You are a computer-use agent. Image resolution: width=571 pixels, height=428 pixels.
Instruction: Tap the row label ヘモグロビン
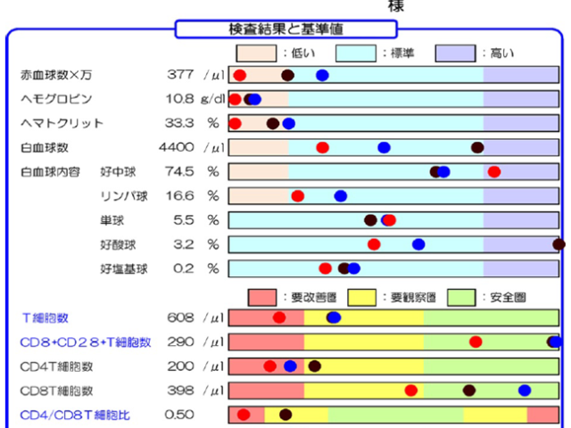click(x=56, y=99)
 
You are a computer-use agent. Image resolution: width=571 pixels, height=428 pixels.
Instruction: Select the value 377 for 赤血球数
click(x=180, y=75)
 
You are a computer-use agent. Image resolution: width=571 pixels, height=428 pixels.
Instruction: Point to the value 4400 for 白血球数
click(x=177, y=147)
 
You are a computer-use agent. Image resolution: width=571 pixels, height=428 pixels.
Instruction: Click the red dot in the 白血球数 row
click(x=322, y=147)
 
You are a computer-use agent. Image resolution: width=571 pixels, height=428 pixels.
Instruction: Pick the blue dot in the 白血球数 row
click(x=384, y=147)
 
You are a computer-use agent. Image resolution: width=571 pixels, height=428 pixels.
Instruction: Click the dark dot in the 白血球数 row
click(x=477, y=147)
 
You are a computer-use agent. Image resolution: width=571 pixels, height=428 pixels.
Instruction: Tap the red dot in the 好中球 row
click(x=494, y=171)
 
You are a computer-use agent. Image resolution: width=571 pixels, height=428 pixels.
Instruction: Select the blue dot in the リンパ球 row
click(x=340, y=195)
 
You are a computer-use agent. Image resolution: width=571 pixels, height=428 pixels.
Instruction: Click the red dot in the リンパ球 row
click(x=298, y=195)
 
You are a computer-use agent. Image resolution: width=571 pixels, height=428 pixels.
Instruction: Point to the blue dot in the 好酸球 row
click(x=418, y=243)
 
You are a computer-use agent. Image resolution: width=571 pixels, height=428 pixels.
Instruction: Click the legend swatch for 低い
click(x=255, y=53)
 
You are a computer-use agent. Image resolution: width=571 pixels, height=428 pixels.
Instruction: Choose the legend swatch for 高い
click(x=456, y=53)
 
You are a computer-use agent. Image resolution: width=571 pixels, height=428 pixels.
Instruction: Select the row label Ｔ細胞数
click(x=46, y=317)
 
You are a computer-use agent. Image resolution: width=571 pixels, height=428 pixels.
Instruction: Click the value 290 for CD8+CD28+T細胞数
click(x=180, y=342)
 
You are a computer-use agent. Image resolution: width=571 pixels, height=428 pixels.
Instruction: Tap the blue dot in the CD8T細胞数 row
click(x=525, y=390)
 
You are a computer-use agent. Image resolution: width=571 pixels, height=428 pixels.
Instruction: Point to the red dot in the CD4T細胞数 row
click(x=269, y=366)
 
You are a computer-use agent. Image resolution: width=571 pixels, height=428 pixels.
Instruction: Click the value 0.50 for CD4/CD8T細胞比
click(x=179, y=414)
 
